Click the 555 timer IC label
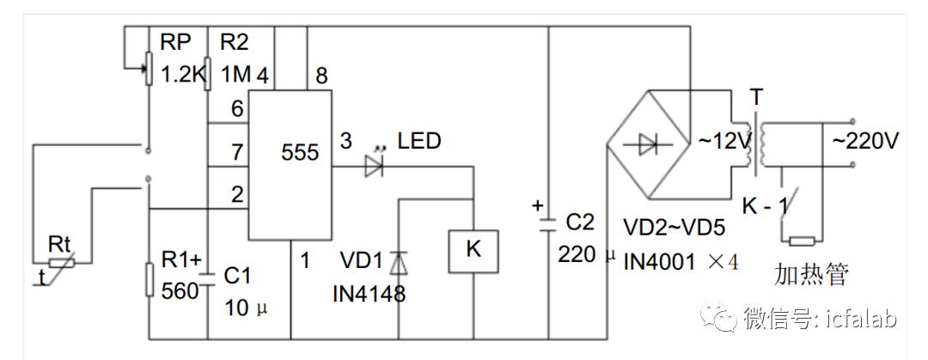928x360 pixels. point(300,153)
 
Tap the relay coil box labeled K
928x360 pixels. point(473,251)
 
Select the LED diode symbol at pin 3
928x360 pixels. point(374,167)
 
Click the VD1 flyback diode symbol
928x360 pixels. point(399,262)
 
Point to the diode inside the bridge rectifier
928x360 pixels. point(650,144)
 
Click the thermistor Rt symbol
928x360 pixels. point(62,262)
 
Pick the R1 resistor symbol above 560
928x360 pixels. point(150,280)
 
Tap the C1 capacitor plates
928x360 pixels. point(208,279)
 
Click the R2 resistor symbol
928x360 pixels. point(208,73)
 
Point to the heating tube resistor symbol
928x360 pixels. point(802,241)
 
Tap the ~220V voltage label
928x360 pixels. point(865,142)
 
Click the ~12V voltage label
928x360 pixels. point(724,142)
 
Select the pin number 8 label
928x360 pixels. point(321,76)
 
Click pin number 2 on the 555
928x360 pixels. point(237,196)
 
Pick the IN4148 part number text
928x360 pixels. point(369,293)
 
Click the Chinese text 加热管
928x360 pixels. point(811,275)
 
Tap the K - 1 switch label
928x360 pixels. point(766,207)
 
